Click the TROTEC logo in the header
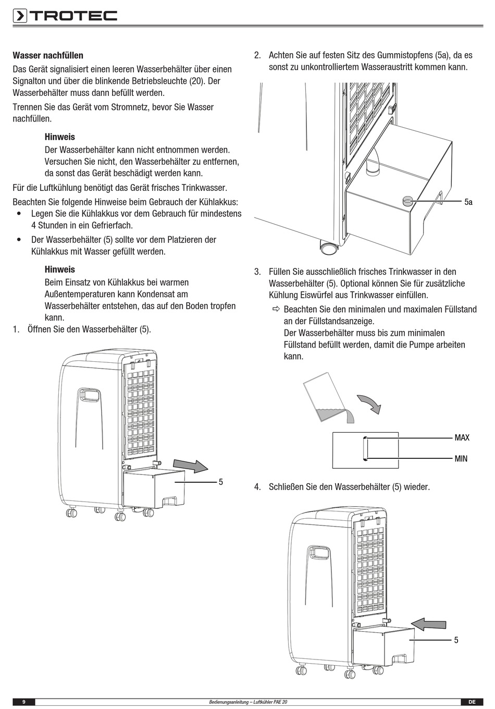65,16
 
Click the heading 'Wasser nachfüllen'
48,55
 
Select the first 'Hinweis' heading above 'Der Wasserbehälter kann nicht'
60,137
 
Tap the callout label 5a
468,202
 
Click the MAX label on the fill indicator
462,437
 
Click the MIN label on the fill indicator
461,459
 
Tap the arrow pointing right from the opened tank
190,466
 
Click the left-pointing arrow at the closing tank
428,624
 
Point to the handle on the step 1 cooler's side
89,395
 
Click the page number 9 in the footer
24,702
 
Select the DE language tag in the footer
472,702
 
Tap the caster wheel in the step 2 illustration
328,248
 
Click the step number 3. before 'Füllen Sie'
257,272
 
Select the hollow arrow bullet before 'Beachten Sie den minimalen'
276,310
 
